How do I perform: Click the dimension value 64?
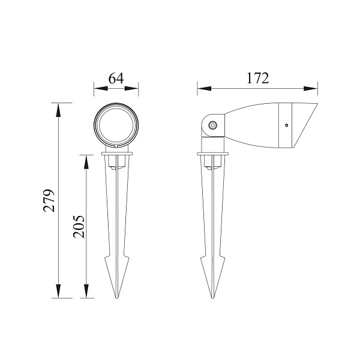click(x=116, y=78)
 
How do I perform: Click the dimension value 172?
click(x=257, y=78)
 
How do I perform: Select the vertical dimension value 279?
click(x=49, y=200)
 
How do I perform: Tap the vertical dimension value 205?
click(x=79, y=227)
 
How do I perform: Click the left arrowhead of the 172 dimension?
click(x=205, y=89)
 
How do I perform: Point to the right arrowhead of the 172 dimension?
click(x=311, y=89)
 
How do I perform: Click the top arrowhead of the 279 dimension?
click(x=58, y=110)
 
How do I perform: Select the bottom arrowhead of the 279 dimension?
click(x=58, y=291)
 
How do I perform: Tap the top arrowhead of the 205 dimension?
click(x=86, y=162)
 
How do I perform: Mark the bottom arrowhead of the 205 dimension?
click(x=86, y=291)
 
